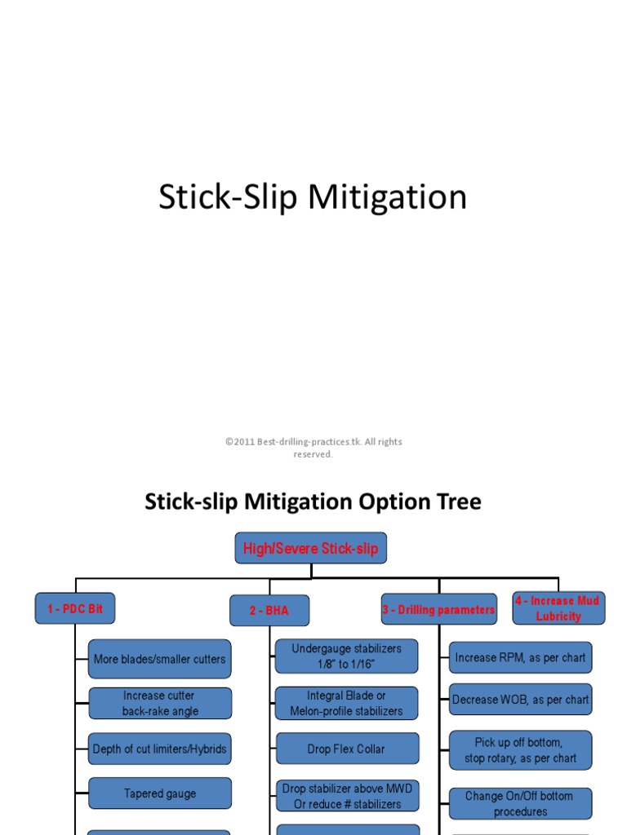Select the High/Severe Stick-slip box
tap(310, 548)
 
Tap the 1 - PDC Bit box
tap(75, 608)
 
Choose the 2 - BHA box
tap(269, 610)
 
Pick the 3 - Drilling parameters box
tap(439, 609)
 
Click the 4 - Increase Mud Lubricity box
tap(558, 608)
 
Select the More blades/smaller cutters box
tap(159, 659)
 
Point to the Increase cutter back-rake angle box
tap(159, 703)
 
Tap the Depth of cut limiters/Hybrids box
tap(159, 749)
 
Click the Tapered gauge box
tap(159, 793)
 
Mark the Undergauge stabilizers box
tap(347, 656)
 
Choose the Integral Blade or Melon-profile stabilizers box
tap(347, 703)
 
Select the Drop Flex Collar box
tap(347, 749)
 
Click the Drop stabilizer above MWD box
tap(347, 796)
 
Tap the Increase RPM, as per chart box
tap(521, 657)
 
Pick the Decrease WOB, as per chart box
tap(521, 700)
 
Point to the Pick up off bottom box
tap(521, 750)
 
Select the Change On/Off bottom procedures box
tap(521, 803)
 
